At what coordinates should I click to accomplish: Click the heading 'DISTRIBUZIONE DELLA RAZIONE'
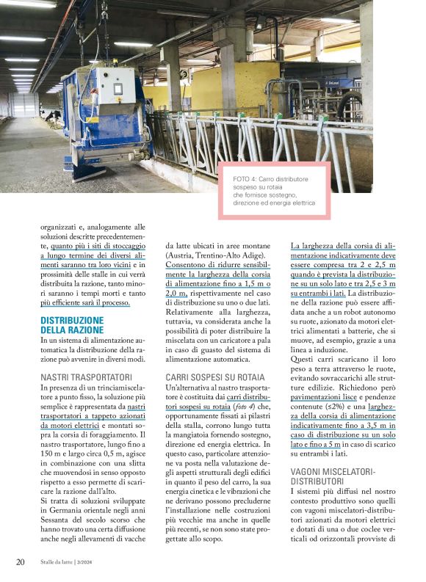pos(72,325)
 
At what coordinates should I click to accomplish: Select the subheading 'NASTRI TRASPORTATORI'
pos(86,377)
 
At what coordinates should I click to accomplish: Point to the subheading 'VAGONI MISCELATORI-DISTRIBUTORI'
pos(333,475)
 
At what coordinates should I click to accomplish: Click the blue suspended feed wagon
pos(103,117)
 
